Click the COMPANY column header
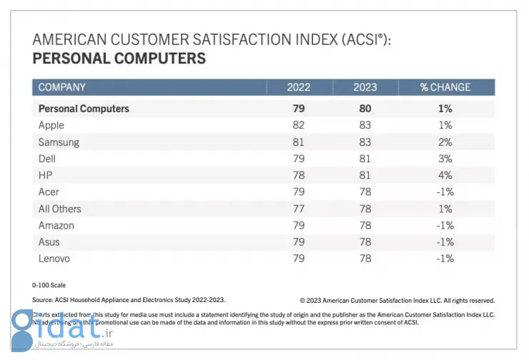coord(62,87)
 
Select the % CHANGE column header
coord(445,87)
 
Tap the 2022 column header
coord(299,87)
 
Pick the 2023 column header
coord(365,87)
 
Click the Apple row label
coord(51,125)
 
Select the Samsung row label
coord(59,142)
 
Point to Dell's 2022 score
coord(299,159)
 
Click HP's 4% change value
coord(445,175)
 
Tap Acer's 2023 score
coord(365,192)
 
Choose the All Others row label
coord(59,209)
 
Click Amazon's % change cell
coord(445,226)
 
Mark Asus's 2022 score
coord(299,242)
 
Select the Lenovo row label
coord(54,259)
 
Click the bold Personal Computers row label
coord(84,109)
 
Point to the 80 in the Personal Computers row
coord(365,109)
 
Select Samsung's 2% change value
coord(445,142)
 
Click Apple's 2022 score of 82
coord(299,125)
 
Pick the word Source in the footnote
coord(42,300)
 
